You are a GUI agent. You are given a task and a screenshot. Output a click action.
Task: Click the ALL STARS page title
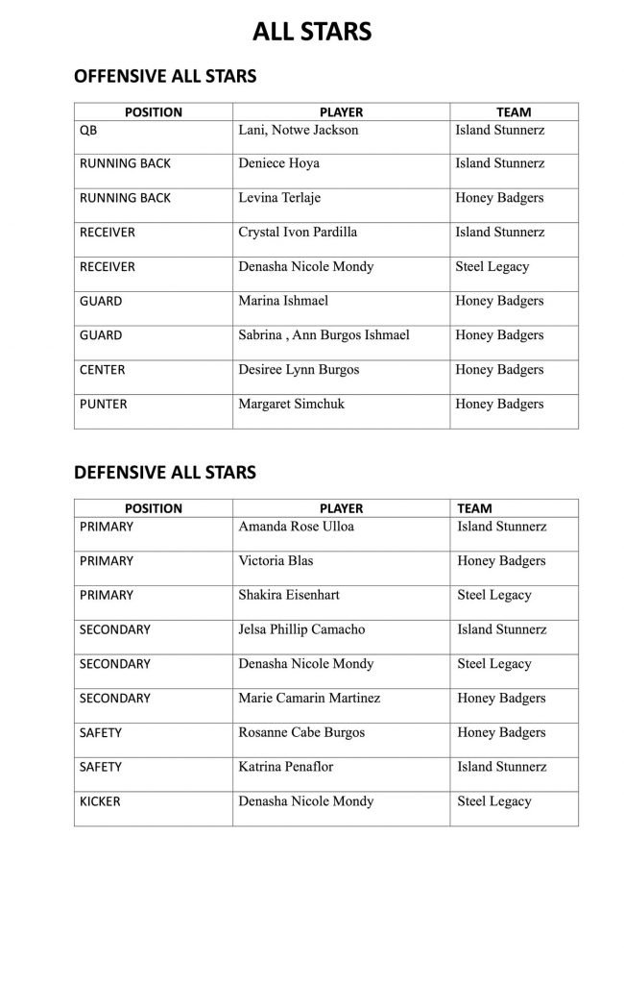click(x=312, y=33)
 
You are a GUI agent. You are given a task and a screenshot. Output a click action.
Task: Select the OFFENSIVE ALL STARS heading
click(x=165, y=77)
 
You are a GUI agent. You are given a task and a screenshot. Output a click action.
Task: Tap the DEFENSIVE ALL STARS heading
click(x=165, y=472)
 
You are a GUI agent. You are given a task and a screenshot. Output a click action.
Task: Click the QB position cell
click(x=88, y=129)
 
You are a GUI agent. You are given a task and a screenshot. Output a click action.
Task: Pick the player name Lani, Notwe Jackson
click(x=298, y=129)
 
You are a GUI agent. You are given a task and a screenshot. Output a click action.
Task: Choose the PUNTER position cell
click(x=102, y=405)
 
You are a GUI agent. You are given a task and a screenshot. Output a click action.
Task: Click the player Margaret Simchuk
click(x=291, y=405)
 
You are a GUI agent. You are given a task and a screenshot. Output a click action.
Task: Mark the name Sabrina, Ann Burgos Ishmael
click(x=324, y=335)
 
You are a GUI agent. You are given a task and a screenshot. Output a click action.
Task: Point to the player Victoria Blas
click(x=276, y=561)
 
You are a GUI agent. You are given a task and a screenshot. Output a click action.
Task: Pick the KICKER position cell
click(x=100, y=801)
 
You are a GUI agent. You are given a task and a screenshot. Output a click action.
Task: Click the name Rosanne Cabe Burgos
click(x=300, y=732)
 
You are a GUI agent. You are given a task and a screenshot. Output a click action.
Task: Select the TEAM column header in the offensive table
click(x=514, y=112)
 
